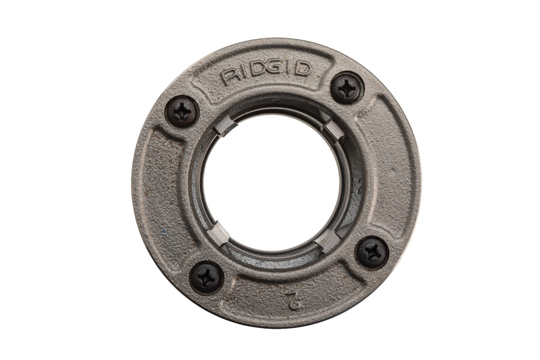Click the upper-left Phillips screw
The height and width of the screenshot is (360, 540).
tap(182, 112)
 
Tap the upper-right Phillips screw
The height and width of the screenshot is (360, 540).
tap(347, 88)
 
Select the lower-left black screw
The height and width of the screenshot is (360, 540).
tap(206, 278)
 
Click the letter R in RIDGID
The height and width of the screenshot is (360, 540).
tap(231, 78)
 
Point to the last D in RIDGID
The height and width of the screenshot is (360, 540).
tap(303, 69)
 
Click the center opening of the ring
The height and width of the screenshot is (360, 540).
tap(272, 182)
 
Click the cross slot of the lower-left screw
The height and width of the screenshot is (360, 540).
tap(206, 278)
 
